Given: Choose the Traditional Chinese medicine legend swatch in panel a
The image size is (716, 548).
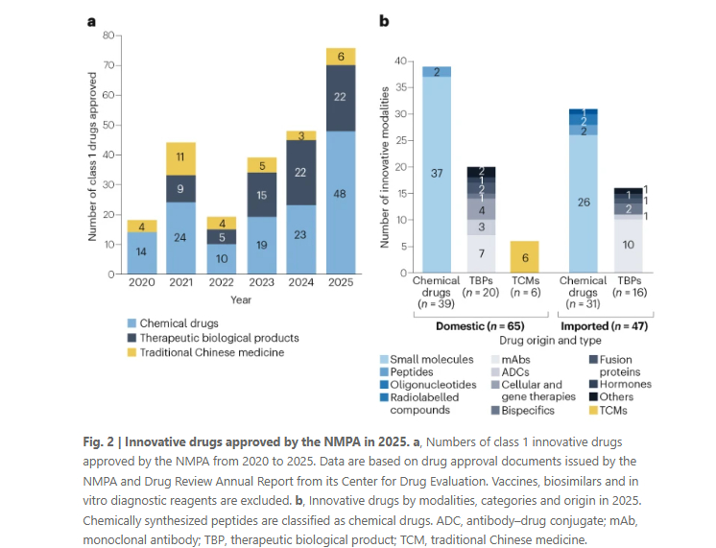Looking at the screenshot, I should [131, 352].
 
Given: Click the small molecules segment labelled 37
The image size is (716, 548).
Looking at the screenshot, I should [438, 173].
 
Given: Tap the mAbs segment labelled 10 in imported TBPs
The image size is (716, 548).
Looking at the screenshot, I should [628, 246].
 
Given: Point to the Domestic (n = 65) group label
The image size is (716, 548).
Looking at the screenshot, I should [480, 326].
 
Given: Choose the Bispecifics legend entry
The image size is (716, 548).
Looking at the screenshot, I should [534, 410].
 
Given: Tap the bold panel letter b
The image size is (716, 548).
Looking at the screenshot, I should [383, 20].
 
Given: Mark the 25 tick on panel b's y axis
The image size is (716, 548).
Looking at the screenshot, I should [402, 140].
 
